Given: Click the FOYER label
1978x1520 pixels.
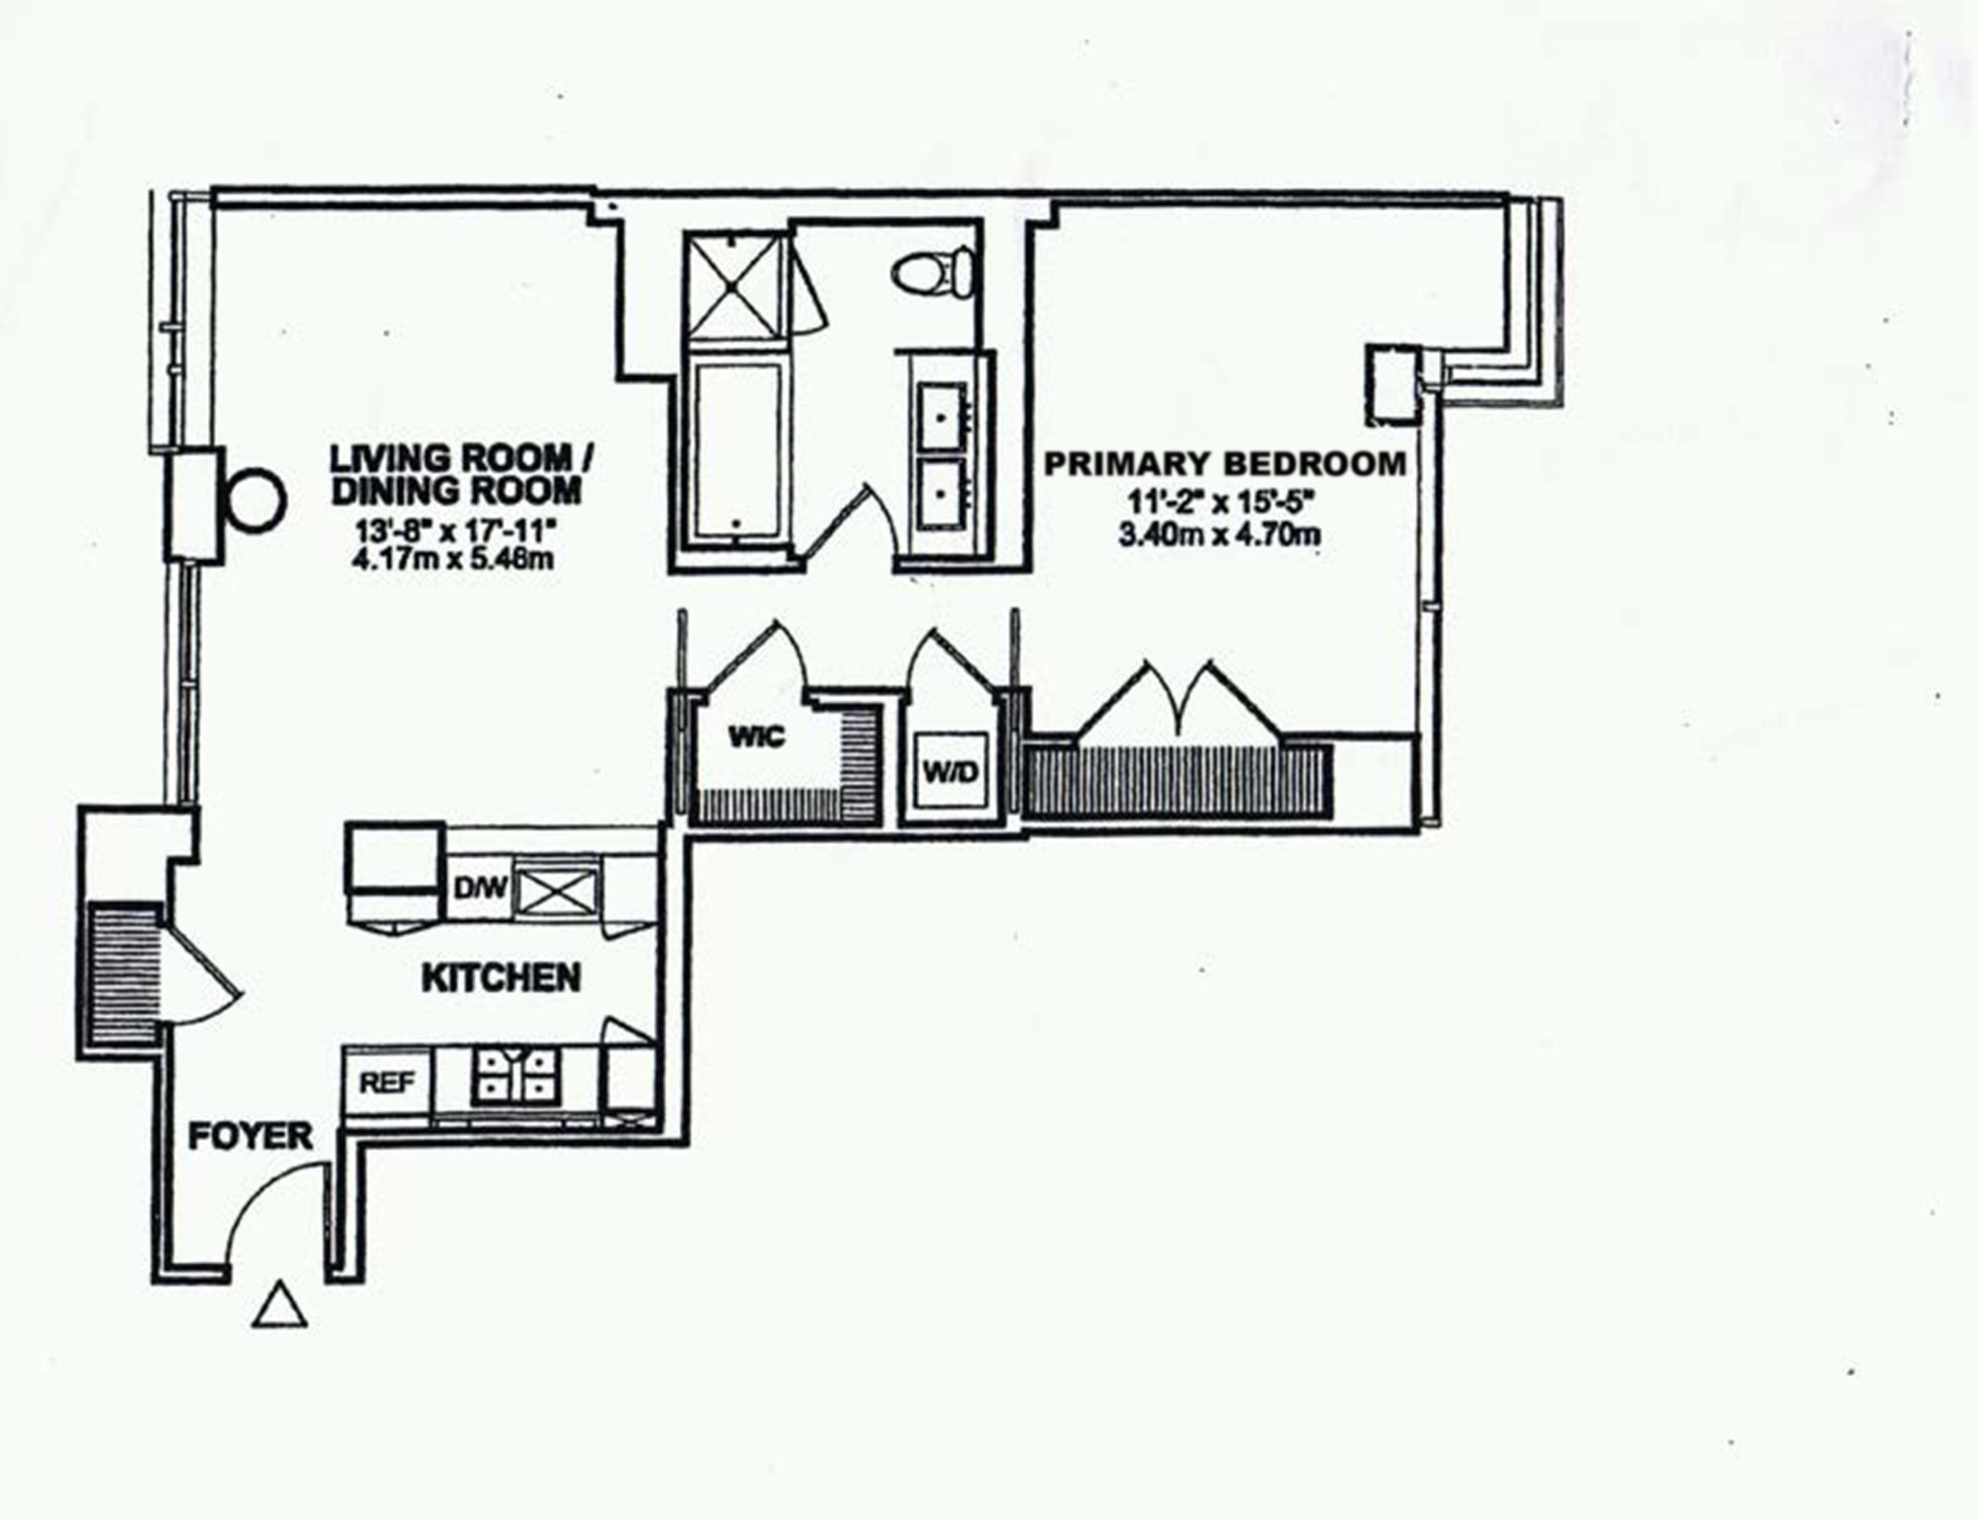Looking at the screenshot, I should tap(250, 1136).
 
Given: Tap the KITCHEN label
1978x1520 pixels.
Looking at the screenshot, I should tap(501, 978).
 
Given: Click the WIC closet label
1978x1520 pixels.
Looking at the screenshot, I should tap(757, 737).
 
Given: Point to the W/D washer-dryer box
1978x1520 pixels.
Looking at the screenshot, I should tap(951, 772).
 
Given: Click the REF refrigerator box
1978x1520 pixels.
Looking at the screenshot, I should tap(387, 1082).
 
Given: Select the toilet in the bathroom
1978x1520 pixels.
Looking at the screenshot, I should tap(934, 270).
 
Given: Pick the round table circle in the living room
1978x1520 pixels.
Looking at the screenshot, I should tap(256, 499).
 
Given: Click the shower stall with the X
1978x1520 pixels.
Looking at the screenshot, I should tap(734, 286).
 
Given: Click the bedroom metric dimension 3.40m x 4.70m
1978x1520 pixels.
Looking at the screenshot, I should tap(1218, 535).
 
